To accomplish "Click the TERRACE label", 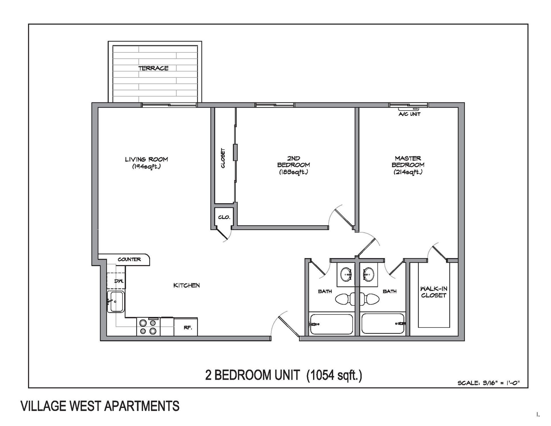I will pyautogui.click(x=153, y=68).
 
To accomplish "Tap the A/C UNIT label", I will pyautogui.click(x=409, y=114).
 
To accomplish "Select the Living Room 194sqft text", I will pyautogui.click(x=146, y=163).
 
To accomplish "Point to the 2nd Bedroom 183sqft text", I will pyautogui.click(x=293, y=165).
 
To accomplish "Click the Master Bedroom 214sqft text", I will pyautogui.click(x=408, y=165).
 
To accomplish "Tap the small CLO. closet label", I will pyautogui.click(x=224, y=217).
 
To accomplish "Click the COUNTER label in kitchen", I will pyautogui.click(x=129, y=259).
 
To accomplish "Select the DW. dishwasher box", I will pyautogui.click(x=116, y=281).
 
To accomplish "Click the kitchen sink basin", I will pyautogui.click(x=116, y=302).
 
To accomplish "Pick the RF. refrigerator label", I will pyautogui.click(x=188, y=328).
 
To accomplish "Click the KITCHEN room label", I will pyautogui.click(x=187, y=285).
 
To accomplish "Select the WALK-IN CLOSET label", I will pyautogui.click(x=433, y=292).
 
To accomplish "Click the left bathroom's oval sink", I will pyautogui.click(x=346, y=275).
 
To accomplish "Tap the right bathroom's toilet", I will pyautogui.click(x=371, y=299).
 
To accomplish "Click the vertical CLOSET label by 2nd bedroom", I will pyautogui.click(x=223, y=158).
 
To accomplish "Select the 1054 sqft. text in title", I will pyautogui.click(x=334, y=375).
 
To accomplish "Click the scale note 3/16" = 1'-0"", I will pyautogui.click(x=488, y=383).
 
